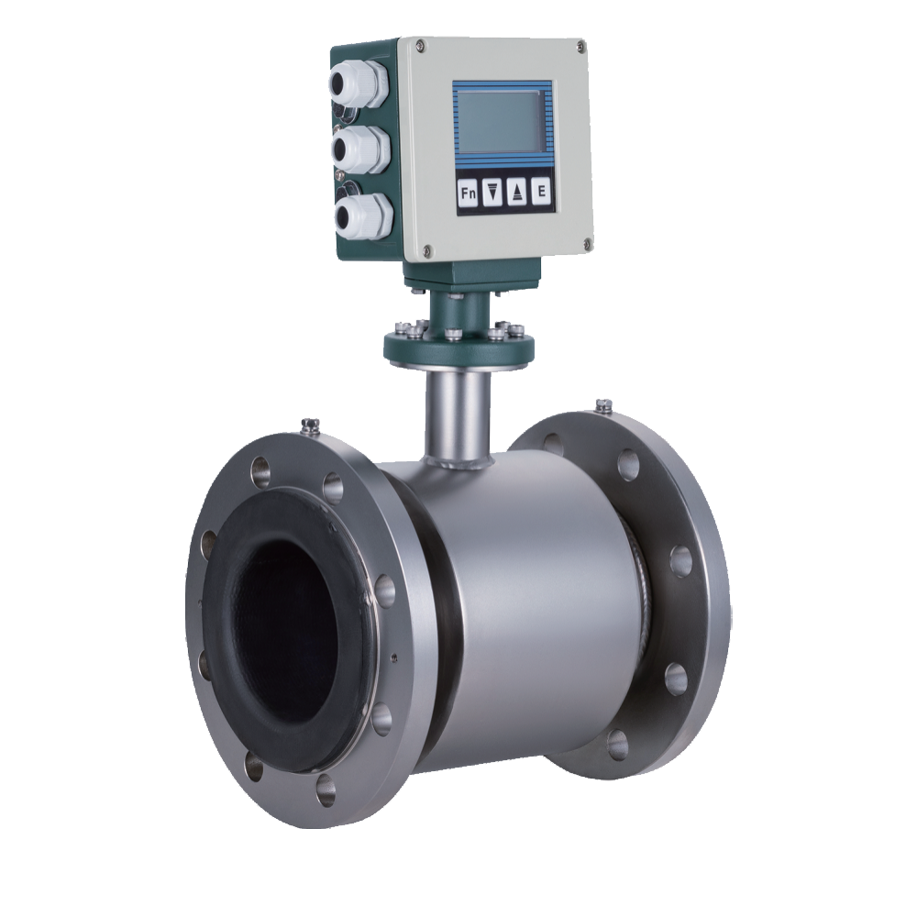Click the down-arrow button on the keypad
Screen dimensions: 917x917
[493, 193]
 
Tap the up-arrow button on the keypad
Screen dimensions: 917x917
[517, 192]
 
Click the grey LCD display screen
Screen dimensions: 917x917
[497, 121]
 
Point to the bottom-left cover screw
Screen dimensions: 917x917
[426, 250]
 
